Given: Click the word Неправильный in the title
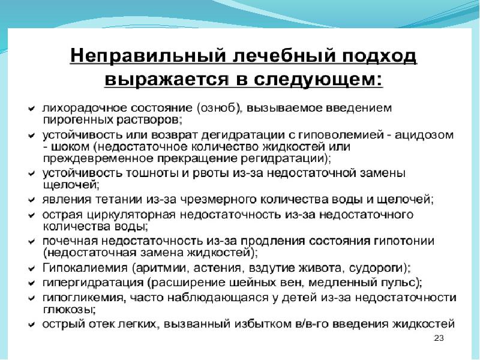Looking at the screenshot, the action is click(148, 56).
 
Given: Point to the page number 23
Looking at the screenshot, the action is click(439, 338).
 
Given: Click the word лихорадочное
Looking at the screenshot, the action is click(85, 108).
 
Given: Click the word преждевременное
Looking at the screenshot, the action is click(98, 158).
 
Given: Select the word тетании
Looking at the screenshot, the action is click(119, 200).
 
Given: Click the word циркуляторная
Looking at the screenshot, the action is click(131, 215).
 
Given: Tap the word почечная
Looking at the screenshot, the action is click(70, 241).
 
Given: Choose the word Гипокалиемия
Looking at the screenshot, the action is click(85, 268).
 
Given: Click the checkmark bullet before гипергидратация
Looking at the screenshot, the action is click(32, 283).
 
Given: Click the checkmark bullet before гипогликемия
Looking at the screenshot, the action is click(32, 298).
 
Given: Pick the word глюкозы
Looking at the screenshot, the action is click(68, 310).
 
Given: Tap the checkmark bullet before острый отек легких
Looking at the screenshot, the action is click(32, 325).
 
